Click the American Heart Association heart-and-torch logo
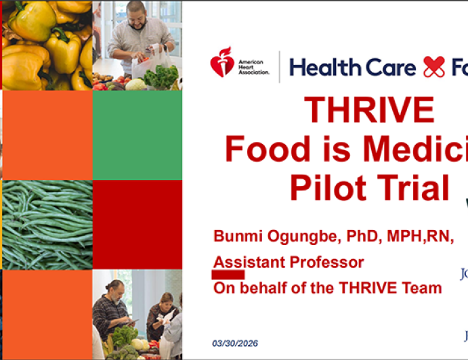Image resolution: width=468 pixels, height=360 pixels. tap(221, 65)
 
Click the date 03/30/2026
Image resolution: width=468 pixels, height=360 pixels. tap(235, 343)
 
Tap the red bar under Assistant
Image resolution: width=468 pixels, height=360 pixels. tap(228, 274)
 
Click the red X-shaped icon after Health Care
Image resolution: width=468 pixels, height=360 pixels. tap(434, 66)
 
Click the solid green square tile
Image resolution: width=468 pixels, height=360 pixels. tap(137, 135)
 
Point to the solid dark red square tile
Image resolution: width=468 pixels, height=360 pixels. tap(137, 225)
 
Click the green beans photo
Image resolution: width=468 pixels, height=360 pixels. tap(47, 225)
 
